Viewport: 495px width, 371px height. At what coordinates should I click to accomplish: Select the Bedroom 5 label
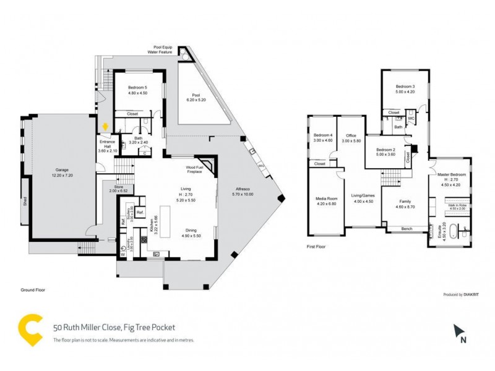[133, 90]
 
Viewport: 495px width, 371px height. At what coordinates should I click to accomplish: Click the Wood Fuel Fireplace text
[196, 169]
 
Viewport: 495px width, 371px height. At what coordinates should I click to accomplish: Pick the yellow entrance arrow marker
[105, 127]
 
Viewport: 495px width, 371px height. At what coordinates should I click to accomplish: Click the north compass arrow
[459, 333]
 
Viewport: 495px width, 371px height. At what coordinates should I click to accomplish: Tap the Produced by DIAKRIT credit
[463, 294]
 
